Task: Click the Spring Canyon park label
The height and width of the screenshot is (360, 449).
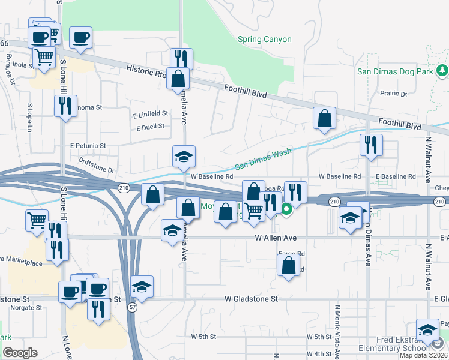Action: (x=264, y=40)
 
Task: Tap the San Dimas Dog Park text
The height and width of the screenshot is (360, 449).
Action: (x=395, y=71)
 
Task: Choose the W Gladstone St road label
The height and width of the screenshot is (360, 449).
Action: (x=252, y=298)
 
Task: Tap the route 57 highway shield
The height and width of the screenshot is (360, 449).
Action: (x=132, y=307)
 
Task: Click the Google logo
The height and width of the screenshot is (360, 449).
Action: (x=20, y=353)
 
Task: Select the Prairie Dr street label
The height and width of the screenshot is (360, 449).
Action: (x=394, y=94)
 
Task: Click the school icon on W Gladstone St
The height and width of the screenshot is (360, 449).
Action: (x=142, y=287)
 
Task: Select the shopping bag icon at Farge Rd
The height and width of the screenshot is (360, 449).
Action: (x=289, y=265)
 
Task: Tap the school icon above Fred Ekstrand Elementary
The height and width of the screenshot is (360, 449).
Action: (x=427, y=329)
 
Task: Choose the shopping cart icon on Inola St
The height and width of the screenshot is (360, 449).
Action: (x=44, y=58)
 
